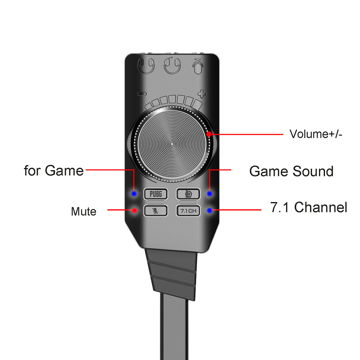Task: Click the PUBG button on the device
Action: (x=156, y=194)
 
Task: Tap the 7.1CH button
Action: (x=188, y=211)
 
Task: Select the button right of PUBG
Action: (x=188, y=194)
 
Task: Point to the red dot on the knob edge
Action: (x=209, y=134)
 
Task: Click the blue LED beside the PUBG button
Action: (x=134, y=194)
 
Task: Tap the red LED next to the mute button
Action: (x=135, y=210)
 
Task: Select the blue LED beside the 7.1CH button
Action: (x=210, y=210)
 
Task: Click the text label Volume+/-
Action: (x=316, y=134)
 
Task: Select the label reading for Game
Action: (x=54, y=170)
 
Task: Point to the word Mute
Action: (x=84, y=211)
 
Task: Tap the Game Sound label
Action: (x=291, y=171)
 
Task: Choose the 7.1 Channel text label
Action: (x=309, y=207)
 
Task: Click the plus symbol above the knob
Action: (x=203, y=94)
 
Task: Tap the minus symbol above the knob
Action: (x=142, y=94)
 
